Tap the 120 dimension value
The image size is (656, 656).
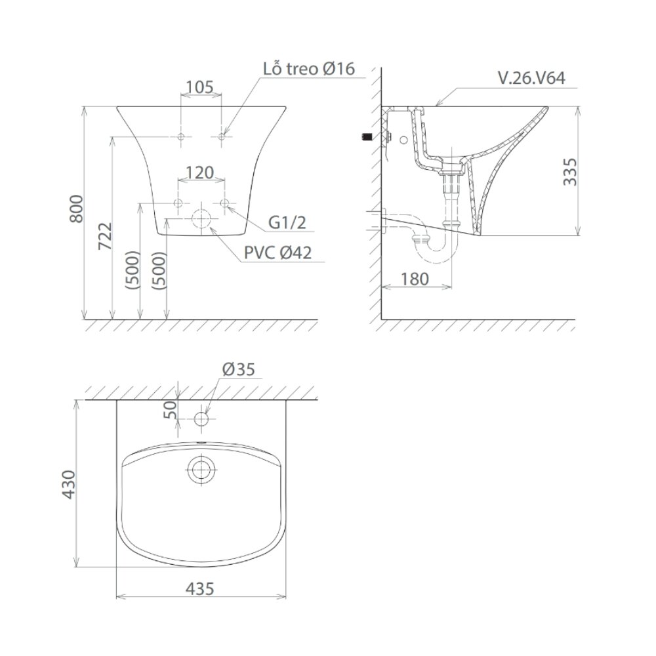(x=200, y=173)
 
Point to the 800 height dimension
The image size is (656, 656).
(x=76, y=209)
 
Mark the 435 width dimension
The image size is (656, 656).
(x=200, y=589)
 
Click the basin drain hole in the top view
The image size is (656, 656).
(x=200, y=470)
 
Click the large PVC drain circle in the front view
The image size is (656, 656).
(x=201, y=220)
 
